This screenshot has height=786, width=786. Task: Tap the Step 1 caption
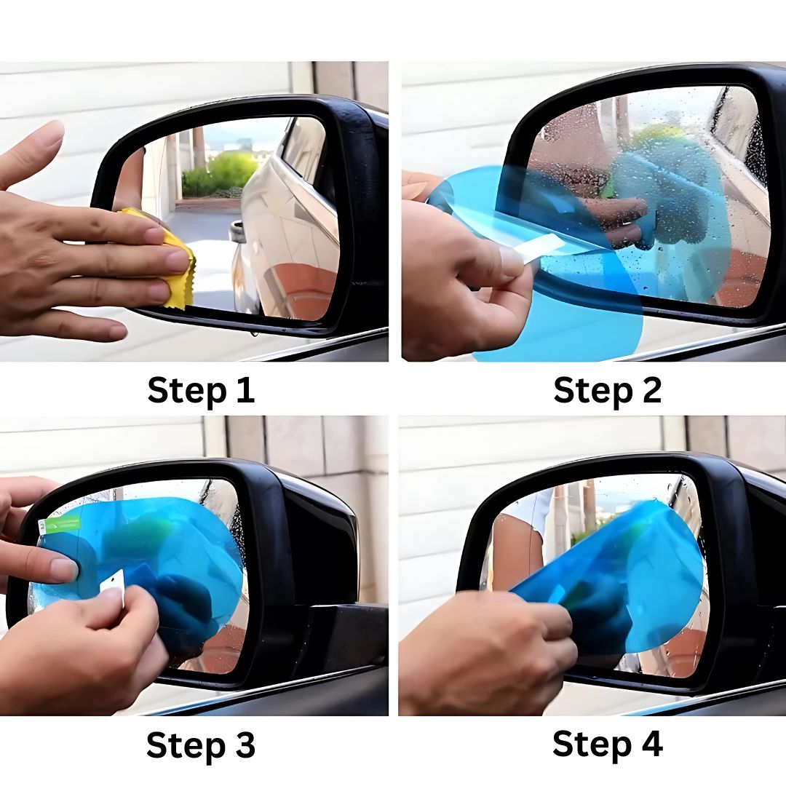[x=201, y=390]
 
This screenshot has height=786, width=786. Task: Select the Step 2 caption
[x=607, y=390]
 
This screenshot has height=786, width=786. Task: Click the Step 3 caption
[x=201, y=745]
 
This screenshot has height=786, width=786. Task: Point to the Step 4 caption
[x=607, y=744]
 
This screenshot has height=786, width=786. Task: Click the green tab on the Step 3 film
[x=61, y=524]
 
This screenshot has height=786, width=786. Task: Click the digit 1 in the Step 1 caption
[x=245, y=390]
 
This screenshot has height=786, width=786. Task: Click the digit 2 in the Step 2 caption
[x=649, y=390]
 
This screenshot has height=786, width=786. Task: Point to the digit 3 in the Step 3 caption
[x=244, y=745]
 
